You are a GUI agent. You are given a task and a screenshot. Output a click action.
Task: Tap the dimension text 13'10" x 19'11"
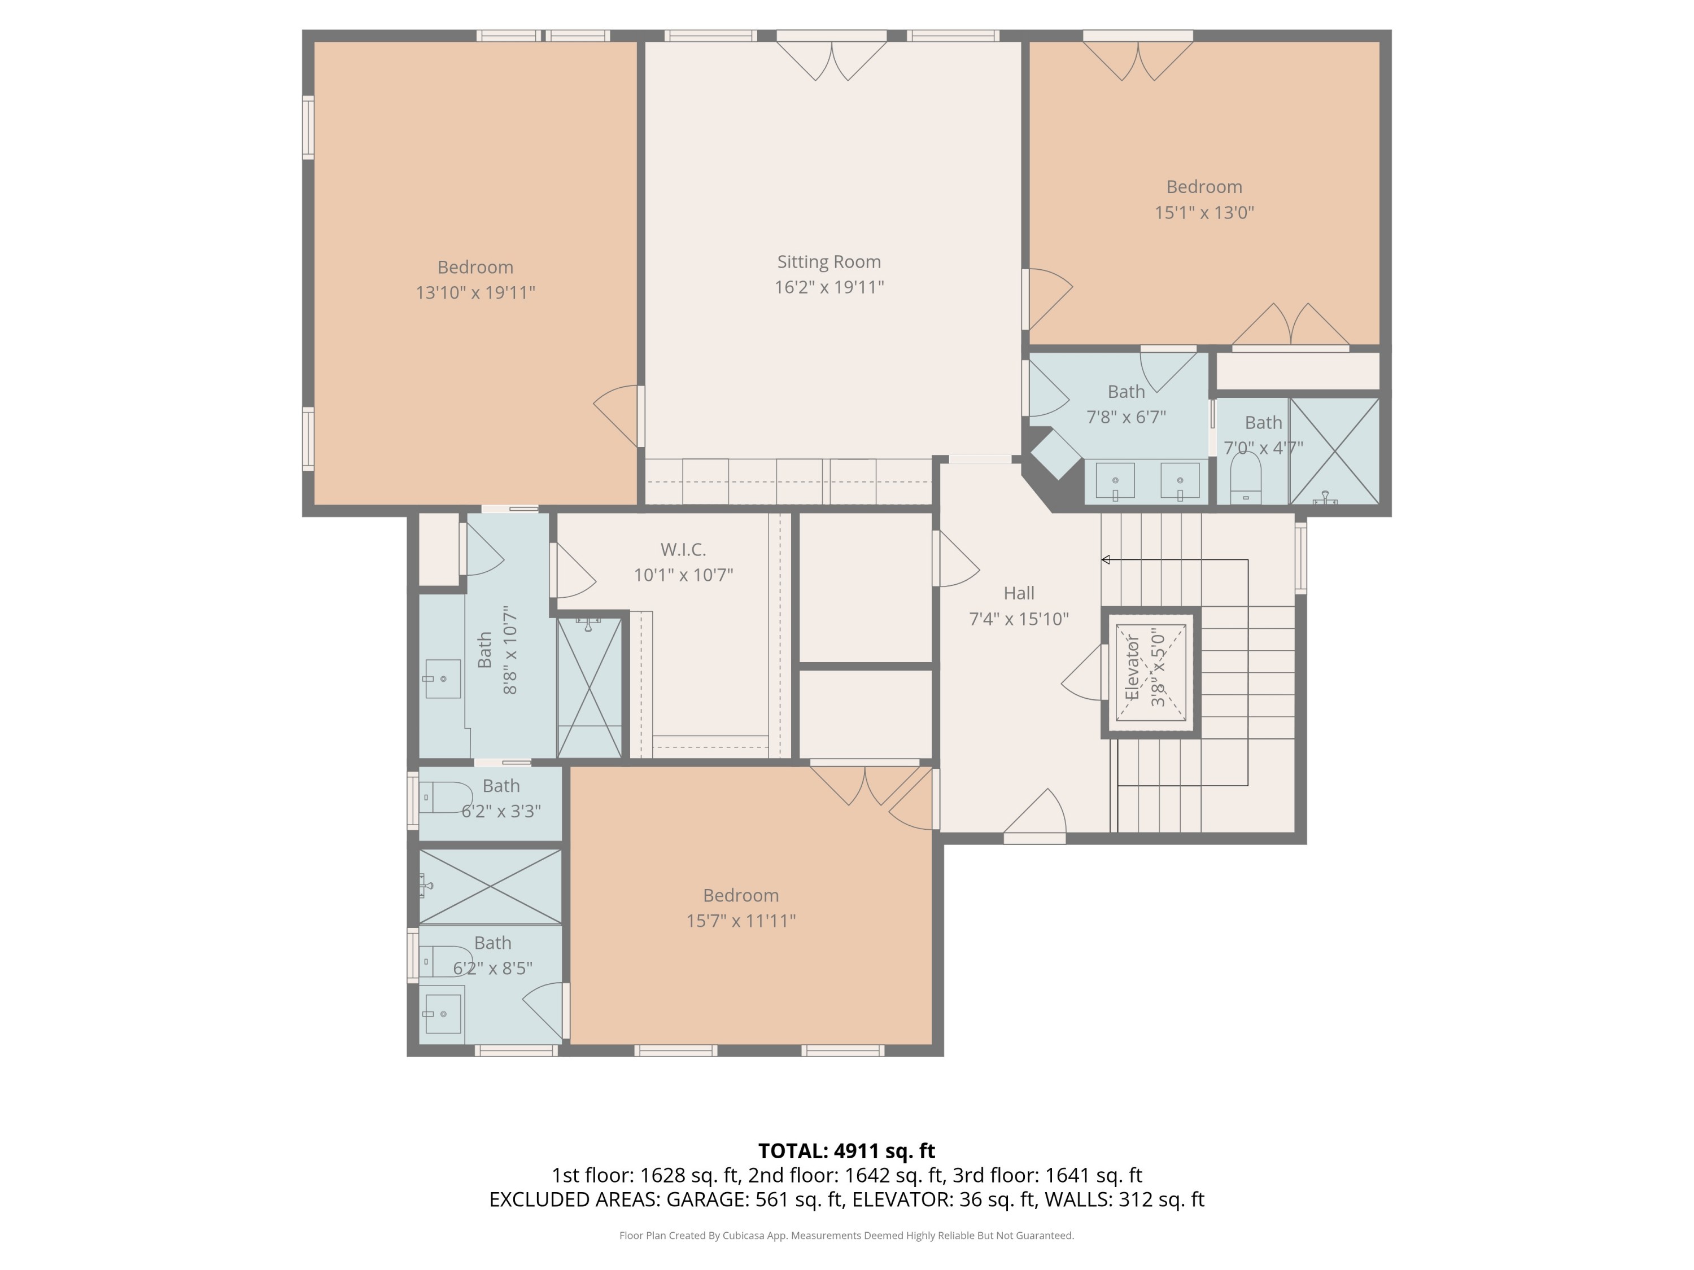coord(475,292)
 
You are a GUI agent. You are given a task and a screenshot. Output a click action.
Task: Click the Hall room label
coord(1019,593)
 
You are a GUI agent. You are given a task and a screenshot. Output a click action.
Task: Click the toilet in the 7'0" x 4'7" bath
coord(1245,479)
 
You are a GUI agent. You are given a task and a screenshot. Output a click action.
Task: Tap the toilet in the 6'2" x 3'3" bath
coord(444,797)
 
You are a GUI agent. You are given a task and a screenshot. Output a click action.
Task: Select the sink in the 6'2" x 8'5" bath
coord(443,1014)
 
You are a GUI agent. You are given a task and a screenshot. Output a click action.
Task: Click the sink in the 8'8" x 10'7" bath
coord(443,679)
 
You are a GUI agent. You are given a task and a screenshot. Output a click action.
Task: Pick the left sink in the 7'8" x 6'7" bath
coord(1115,481)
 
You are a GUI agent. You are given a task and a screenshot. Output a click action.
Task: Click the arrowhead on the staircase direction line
coord(1105,559)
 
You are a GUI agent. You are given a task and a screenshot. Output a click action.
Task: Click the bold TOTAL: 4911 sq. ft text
coord(846,1150)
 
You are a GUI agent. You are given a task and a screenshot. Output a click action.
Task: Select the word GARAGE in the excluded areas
coord(707,1199)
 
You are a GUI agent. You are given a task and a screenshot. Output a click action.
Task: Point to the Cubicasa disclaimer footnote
coord(846,1236)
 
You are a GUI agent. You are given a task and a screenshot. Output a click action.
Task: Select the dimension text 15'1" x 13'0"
coord(1204,213)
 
